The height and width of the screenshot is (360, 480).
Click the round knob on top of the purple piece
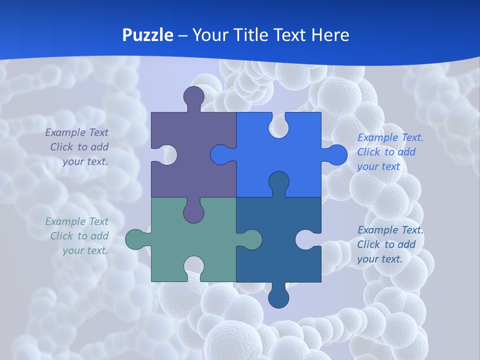coord(194,96)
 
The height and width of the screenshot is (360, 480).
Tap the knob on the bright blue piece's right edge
coord(336,154)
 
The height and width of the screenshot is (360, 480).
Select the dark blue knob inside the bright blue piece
coord(278,182)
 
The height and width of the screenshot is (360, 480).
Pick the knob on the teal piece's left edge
coord(135,239)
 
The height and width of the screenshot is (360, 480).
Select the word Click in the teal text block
coord(61,236)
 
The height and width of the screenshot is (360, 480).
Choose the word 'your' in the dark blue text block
coord(368,259)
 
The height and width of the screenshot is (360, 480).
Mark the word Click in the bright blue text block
coord(368,152)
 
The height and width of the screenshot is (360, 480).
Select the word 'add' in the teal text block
coord(99,236)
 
